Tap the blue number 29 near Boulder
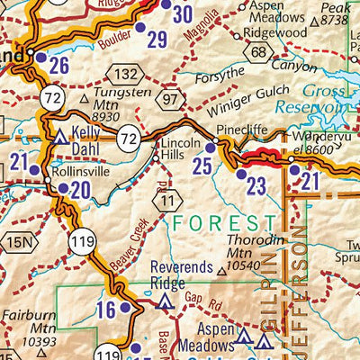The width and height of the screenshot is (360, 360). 157,40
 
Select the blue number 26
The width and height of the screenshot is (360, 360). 59,66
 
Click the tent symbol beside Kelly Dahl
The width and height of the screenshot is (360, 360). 60,137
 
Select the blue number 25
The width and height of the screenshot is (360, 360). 202,166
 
